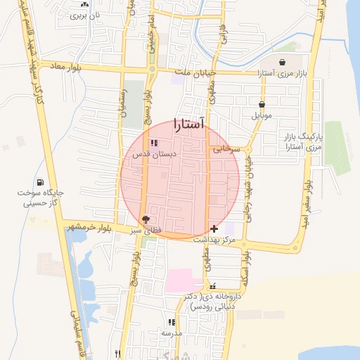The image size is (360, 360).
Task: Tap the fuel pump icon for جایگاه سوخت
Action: [48, 183]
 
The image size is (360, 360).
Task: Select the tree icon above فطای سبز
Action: [146, 219]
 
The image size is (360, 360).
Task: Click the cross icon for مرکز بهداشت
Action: [214, 229]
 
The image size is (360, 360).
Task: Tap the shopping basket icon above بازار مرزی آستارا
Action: [283, 63]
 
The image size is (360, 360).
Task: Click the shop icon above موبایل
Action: [262, 104]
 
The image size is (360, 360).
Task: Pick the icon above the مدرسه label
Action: [171, 322]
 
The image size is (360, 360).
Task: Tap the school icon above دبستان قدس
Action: [155, 143]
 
